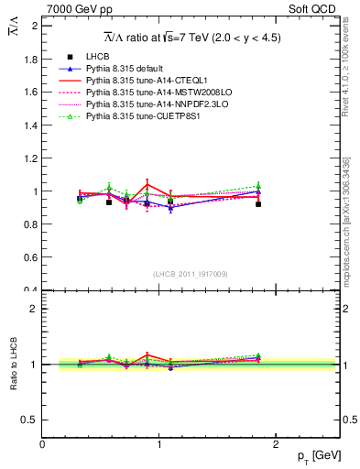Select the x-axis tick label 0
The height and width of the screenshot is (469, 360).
(42, 443)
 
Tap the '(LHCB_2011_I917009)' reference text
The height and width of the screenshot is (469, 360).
(190, 274)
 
